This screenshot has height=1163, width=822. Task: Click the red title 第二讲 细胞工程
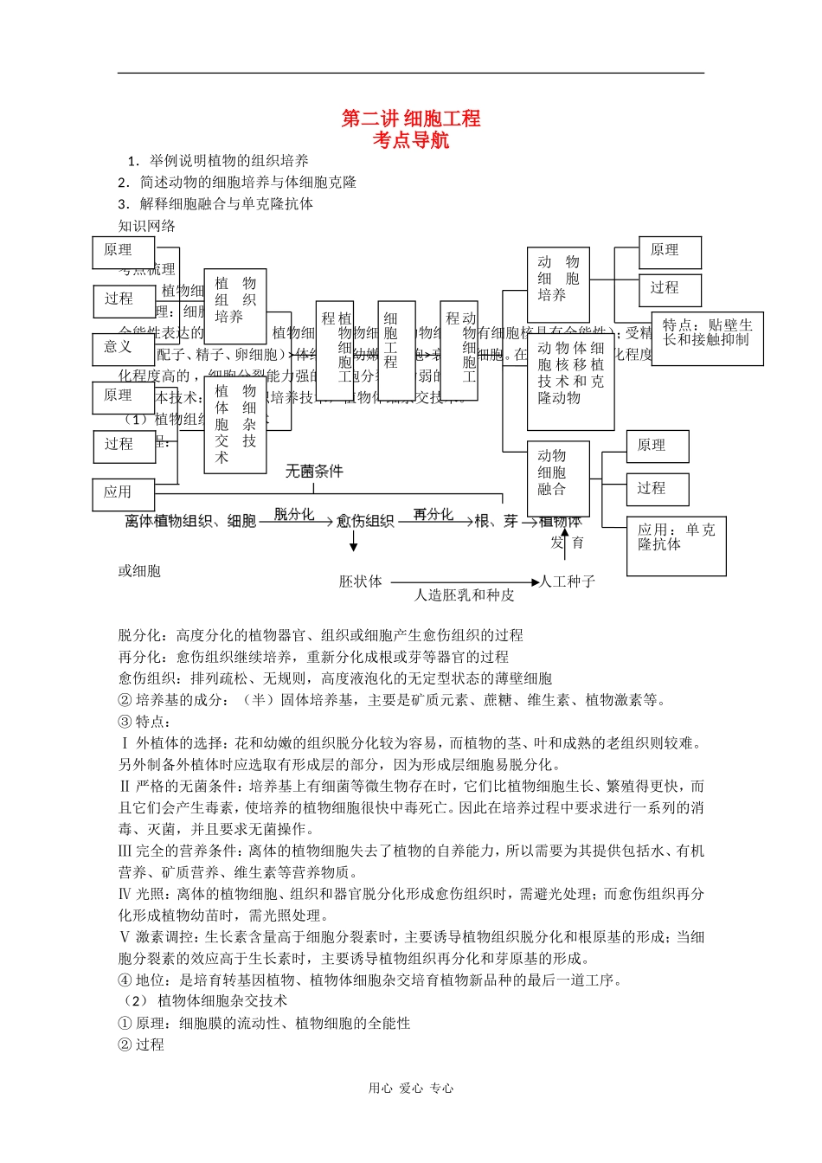pos(411,119)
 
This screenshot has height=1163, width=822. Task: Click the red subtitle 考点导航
pos(411,140)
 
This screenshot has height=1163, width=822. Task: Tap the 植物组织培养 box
pos(235,300)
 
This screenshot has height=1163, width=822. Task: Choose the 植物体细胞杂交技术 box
pos(235,425)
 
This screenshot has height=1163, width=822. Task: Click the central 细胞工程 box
pos(396,350)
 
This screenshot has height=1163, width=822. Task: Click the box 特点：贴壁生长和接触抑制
pos(707,337)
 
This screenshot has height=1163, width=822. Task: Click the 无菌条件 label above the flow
pos(314,472)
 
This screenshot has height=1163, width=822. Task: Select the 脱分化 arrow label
pos(294,514)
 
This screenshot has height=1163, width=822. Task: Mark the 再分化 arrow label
pos(433,514)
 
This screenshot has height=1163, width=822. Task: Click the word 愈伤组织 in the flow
pos(365,521)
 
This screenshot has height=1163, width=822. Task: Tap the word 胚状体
pos(360,581)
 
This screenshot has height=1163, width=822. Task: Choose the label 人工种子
pos(568,581)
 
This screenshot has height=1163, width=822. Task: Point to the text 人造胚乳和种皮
pos(464,595)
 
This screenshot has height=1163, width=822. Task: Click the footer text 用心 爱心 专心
pos(411,1089)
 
